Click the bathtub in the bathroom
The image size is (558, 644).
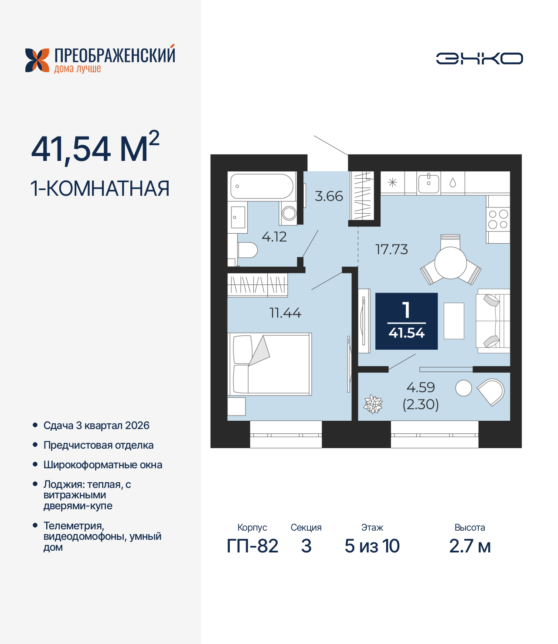point(262,186)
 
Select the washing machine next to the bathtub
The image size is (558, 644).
point(289,213)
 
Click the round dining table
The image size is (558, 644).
point(450,263)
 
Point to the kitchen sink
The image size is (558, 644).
point(429,183)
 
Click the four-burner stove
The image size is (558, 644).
point(498,219)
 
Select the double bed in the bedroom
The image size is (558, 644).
point(270,364)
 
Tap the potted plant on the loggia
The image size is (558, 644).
point(373,404)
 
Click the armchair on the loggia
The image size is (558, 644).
point(491,392)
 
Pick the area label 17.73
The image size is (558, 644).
point(391,249)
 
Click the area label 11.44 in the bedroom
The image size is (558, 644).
point(285,313)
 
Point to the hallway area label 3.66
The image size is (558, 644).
point(329,196)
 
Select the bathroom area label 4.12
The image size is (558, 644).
point(274,237)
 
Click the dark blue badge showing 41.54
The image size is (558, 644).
point(406,321)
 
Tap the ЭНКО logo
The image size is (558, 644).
point(479,58)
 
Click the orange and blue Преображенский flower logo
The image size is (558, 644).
point(37,60)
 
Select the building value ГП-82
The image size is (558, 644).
point(252,546)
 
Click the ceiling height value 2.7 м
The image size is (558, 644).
point(470,546)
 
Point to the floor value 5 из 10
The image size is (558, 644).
point(372,546)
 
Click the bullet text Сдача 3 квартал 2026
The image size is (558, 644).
point(96,426)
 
